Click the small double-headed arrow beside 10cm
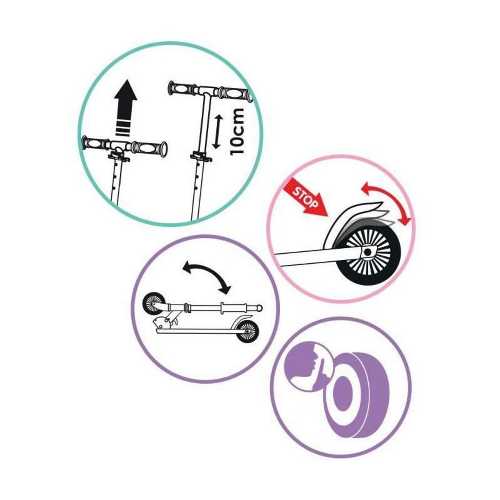216,132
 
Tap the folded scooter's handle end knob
260,308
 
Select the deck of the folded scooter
196,331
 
